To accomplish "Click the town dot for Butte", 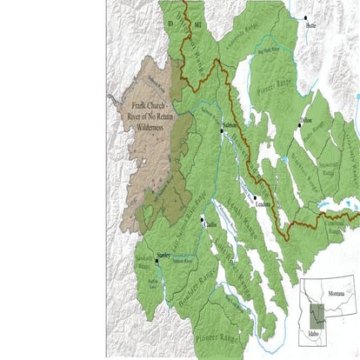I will tap(305, 17).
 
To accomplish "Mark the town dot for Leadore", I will tap(254, 197).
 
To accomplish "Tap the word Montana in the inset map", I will tap(336, 297).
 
